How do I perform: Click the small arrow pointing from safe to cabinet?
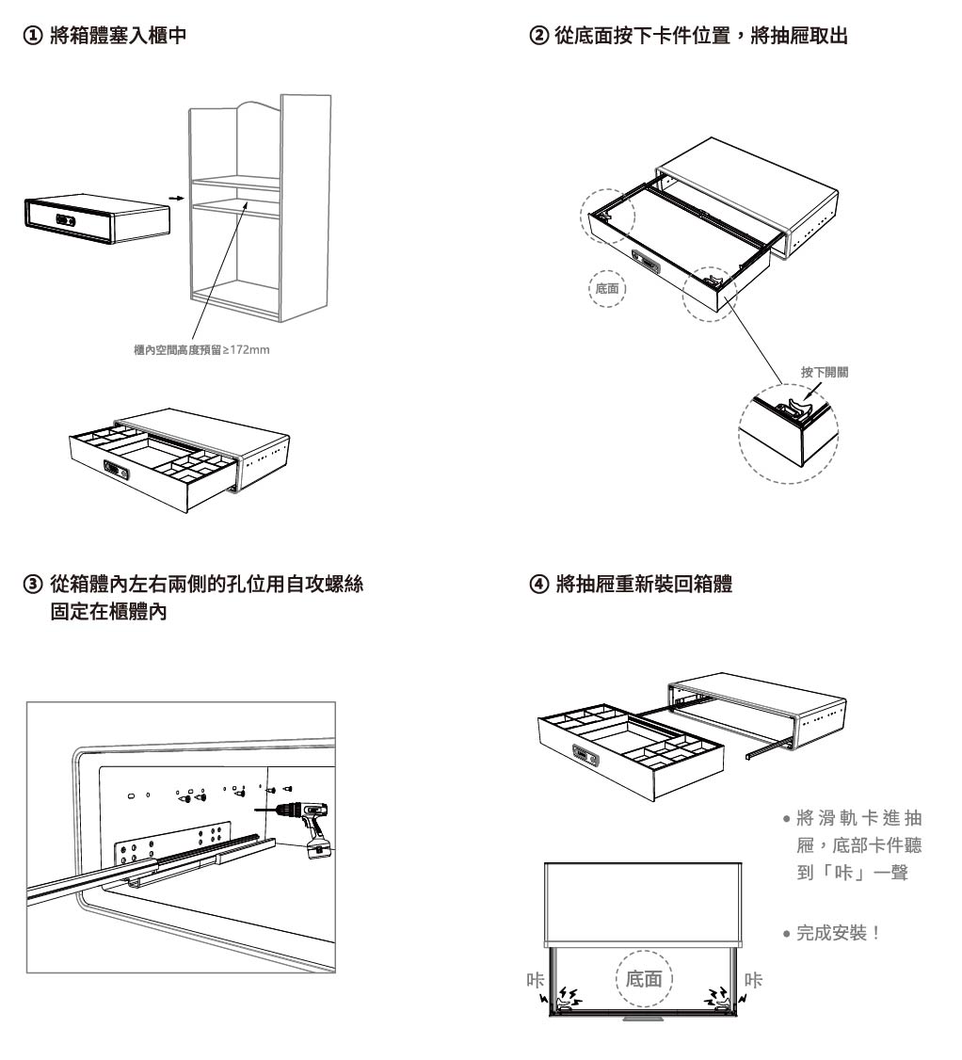pyautogui.click(x=172, y=199)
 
